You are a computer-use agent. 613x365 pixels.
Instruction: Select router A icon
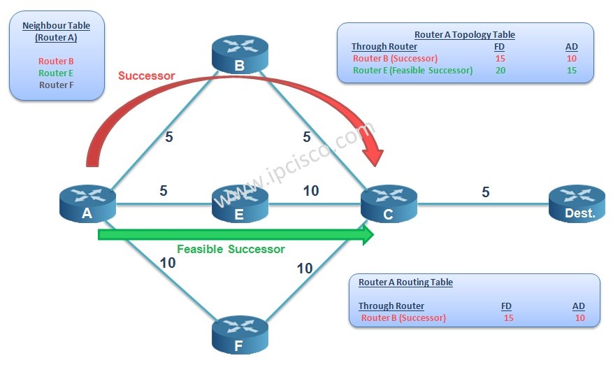click(x=87, y=203)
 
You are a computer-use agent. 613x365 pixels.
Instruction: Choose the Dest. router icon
click(x=577, y=203)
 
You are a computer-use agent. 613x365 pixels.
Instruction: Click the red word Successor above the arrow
click(x=146, y=76)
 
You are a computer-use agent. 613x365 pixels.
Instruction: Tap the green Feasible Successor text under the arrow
click(x=231, y=250)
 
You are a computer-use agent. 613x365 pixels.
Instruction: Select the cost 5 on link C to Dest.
click(x=486, y=192)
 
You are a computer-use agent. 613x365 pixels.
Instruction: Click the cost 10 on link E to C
click(x=310, y=190)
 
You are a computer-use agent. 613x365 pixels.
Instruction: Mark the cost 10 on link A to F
click(x=168, y=263)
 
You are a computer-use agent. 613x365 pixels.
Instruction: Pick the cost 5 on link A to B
click(x=168, y=136)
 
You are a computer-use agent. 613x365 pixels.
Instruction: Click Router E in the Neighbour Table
click(x=57, y=73)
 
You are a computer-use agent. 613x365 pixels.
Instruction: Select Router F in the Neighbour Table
click(x=57, y=85)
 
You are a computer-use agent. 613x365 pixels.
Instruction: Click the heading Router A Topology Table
click(x=464, y=34)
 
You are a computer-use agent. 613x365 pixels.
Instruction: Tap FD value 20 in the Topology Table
click(x=500, y=71)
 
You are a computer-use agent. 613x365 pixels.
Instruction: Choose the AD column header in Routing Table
click(x=578, y=306)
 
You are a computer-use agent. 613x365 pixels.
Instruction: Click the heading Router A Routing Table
click(x=405, y=282)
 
